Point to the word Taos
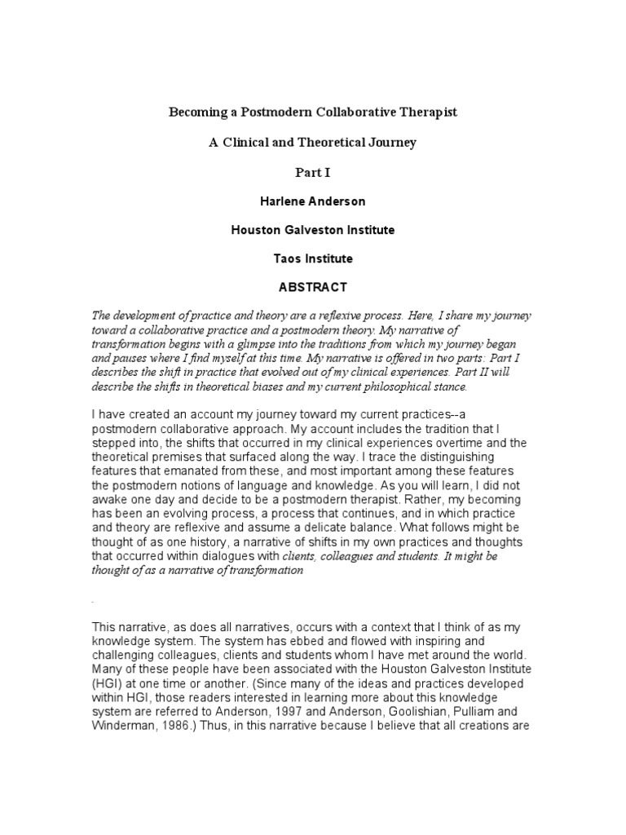tap(286, 258)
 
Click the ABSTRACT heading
tap(312, 287)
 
